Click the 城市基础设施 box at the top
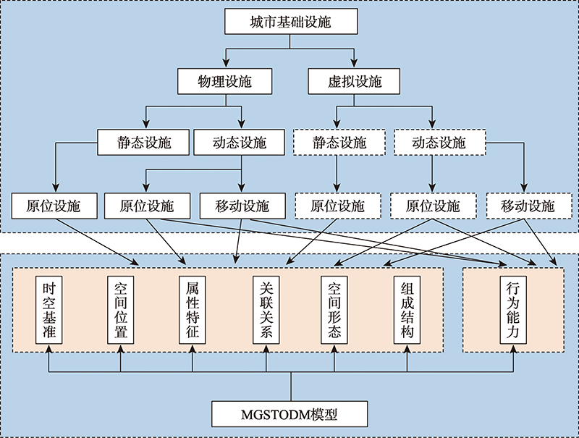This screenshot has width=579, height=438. click(x=291, y=22)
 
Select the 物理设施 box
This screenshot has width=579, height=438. click(x=225, y=81)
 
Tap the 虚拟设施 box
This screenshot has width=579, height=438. click(x=354, y=81)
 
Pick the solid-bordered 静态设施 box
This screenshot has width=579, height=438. click(x=143, y=142)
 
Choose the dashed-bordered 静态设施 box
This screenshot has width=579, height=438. click(x=339, y=142)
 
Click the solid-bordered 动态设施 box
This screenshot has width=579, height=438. click(x=240, y=142)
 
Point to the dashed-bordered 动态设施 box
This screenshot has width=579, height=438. click(x=440, y=142)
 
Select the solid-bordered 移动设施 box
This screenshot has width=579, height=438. click(x=242, y=206)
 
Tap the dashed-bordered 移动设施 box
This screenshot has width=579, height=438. click(x=529, y=206)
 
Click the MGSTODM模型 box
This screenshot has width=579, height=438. click(x=289, y=414)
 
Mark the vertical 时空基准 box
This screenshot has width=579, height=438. click(x=48, y=310)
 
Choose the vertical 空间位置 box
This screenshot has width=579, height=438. click(x=120, y=310)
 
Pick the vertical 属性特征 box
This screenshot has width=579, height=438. click(x=192, y=310)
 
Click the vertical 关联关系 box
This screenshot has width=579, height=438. click(x=266, y=310)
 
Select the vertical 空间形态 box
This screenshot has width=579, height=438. click(x=334, y=310)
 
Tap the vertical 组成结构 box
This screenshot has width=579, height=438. click(x=407, y=310)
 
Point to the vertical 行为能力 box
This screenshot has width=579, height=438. click(x=513, y=310)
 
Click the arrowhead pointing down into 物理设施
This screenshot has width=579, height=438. click(x=226, y=64)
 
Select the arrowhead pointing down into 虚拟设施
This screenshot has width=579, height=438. click(x=354, y=64)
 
